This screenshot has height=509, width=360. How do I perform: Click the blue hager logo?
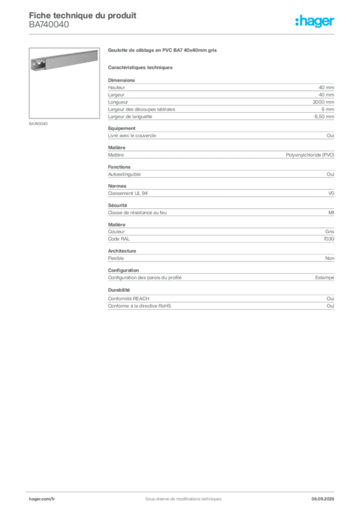(316, 21)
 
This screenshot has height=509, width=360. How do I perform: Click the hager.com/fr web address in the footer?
(42, 499)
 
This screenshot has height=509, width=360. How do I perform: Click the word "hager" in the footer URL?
(36, 499)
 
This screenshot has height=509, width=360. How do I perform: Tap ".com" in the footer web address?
(46, 499)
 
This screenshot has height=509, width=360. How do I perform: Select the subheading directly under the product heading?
(141, 67)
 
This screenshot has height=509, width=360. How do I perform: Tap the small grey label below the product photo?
(39, 123)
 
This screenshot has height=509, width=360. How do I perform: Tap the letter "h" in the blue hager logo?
(299, 21)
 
